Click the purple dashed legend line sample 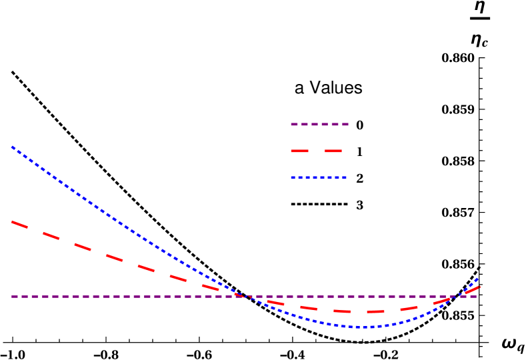319,124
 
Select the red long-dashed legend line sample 316,151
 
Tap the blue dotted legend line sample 319,177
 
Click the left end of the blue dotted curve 12,147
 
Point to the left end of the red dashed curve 12,221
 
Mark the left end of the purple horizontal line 12,297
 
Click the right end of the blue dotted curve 477,279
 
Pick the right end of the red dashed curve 479,287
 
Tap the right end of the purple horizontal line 476,297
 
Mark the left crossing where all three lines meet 242,297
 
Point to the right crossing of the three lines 459,296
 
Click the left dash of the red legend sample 299,151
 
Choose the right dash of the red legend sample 333,151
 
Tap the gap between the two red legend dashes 316,151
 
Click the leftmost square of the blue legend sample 293,177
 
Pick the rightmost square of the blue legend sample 344,177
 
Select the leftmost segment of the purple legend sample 294,124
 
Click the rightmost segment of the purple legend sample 345,124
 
